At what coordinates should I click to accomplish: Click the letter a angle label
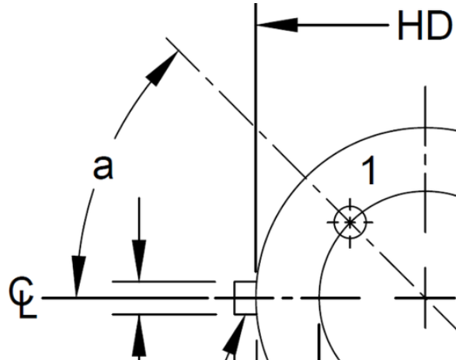[103, 167]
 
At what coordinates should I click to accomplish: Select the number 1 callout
[369, 170]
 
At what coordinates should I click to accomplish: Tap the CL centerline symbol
[22, 298]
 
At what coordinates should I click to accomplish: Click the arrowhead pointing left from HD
[277, 25]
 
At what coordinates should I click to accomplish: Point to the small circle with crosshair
[350, 222]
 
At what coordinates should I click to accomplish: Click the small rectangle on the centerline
[245, 298]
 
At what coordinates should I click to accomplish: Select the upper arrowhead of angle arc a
[162, 68]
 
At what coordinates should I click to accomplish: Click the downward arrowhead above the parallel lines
[139, 260]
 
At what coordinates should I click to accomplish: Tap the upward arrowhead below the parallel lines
[139, 337]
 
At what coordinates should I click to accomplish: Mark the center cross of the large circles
[426, 298]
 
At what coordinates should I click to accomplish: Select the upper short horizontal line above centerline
[164, 281]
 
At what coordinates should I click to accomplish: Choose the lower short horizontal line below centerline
[165, 315]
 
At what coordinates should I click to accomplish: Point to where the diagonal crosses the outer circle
[305, 177]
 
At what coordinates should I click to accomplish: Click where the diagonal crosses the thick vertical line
[256, 127]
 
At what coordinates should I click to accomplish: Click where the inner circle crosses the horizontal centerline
[319, 298]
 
